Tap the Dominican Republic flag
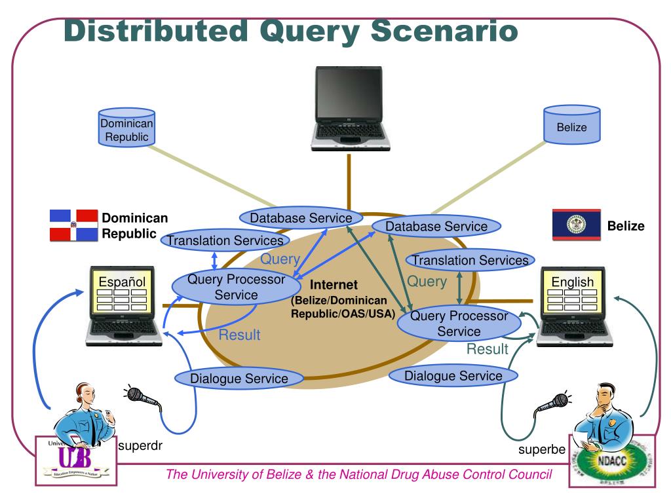pyautogui.click(x=73, y=226)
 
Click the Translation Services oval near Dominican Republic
pyautogui.click(x=225, y=240)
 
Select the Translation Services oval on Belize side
pyautogui.click(x=470, y=261)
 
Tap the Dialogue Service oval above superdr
pyautogui.click(x=239, y=378)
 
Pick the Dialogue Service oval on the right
pyautogui.click(x=453, y=376)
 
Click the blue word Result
pyautogui.click(x=239, y=335)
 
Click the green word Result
pyautogui.click(x=487, y=349)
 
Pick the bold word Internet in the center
pyautogui.click(x=334, y=285)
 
